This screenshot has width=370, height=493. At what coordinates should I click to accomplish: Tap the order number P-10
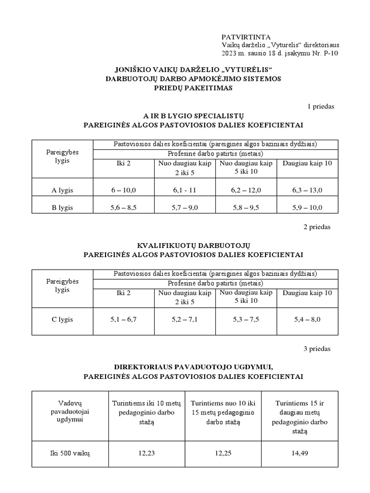[x=329, y=53]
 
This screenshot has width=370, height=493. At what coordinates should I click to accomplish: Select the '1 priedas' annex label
[x=320, y=106]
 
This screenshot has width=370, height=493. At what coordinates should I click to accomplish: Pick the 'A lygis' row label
[x=62, y=190]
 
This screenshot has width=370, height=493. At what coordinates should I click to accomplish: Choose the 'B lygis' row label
[x=62, y=208]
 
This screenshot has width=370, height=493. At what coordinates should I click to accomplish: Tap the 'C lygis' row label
[x=62, y=320]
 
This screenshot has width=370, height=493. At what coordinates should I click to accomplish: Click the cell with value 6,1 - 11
[x=185, y=190]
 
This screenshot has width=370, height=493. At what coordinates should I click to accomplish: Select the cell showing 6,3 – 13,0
[x=307, y=190]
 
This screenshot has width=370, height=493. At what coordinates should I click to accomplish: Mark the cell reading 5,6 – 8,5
[x=123, y=208]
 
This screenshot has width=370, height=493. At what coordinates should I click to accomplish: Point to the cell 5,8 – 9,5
[x=246, y=208]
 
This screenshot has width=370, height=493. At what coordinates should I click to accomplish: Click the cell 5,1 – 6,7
[x=123, y=320]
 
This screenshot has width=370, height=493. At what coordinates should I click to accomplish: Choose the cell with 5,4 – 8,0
[x=307, y=320]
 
